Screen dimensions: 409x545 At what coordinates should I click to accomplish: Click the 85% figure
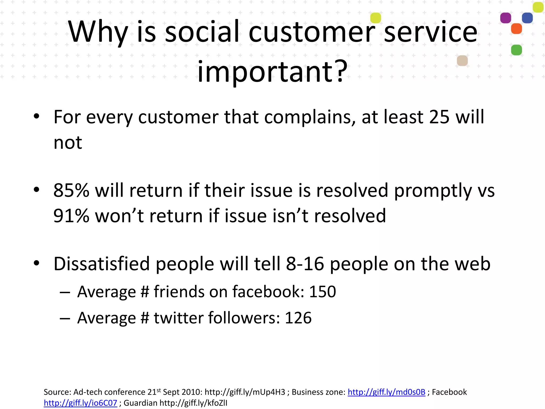pyautogui.click(x=71, y=191)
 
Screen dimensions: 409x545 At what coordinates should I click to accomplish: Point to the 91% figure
pyautogui.click(x=71, y=216)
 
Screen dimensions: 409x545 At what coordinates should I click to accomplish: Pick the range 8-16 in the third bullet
pyautogui.click(x=305, y=264)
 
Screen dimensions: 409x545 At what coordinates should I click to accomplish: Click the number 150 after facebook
pyautogui.click(x=323, y=292)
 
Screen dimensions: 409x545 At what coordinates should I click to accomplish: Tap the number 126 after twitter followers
pyautogui.click(x=298, y=318)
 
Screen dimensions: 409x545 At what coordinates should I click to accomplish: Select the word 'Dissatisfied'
pyautogui.click(x=101, y=264)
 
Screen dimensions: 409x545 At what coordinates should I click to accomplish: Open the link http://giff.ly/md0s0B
pyautogui.click(x=386, y=392)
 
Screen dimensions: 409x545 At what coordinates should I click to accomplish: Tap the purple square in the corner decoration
pyautogui.click(x=506, y=18)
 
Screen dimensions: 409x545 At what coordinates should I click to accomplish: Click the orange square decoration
pyautogui.click(x=517, y=28)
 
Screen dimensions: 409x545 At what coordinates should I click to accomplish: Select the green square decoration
pyautogui.click(x=517, y=50)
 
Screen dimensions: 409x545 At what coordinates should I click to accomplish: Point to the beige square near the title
pyautogui.click(x=462, y=61)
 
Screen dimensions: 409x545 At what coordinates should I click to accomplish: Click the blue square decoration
pyautogui.click(x=527, y=18)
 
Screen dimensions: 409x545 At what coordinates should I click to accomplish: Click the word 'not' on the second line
pyautogui.click(x=68, y=143)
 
